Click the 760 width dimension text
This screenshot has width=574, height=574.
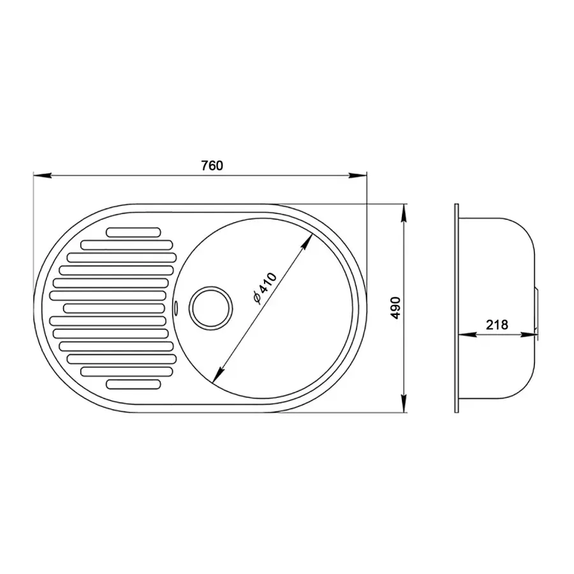(212, 166)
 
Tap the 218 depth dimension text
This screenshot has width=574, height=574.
(496, 324)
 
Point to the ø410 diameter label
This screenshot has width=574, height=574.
(263, 288)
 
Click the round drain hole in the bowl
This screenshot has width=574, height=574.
(210, 307)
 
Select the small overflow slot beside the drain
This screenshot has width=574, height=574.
(175, 307)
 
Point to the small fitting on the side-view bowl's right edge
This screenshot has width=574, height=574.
(538, 309)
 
